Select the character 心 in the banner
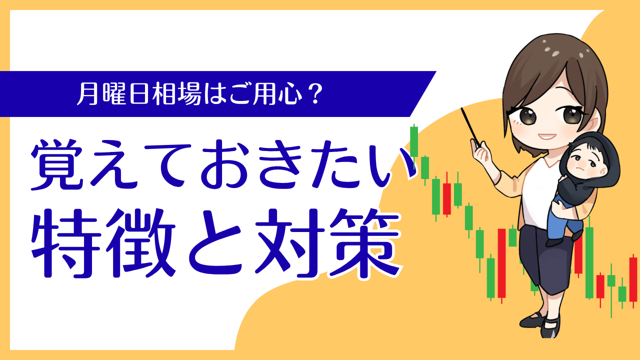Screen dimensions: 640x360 pyautogui.click(x=291, y=94)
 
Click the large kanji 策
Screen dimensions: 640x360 pyautogui.click(x=365, y=243)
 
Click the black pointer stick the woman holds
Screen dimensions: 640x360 pyautogui.click(x=470, y=127)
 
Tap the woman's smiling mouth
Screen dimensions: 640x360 pyautogui.click(x=547, y=136)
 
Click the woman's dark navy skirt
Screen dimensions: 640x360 pyautogui.click(x=545, y=257)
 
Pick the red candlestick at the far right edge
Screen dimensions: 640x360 pyautogui.click(x=633, y=279)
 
